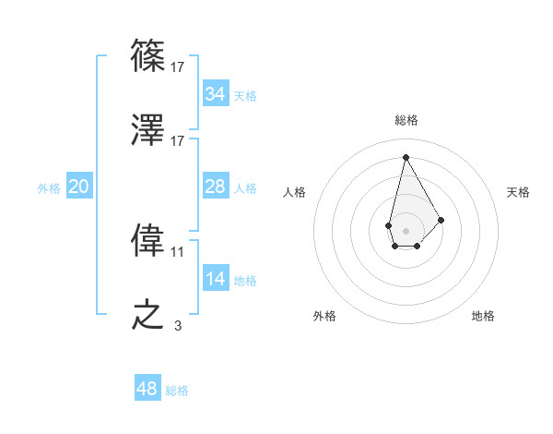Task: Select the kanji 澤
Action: pyautogui.click(x=148, y=131)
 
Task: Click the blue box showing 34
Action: pyautogui.click(x=216, y=94)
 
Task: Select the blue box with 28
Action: pyautogui.click(x=216, y=187)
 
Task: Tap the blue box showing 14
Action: pyautogui.click(x=216, y=280)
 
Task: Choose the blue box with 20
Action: pyautogui.click(x=79, y=187)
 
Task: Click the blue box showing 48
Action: pyautogui.click(x=147, y=389)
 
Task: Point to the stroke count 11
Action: pyautogui.click(x=178, y=251)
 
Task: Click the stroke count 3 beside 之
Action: pyautogui.click(x=178, y=325)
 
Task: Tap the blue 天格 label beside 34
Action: pyautogui.click(x=245, y=96)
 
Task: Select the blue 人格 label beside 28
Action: pyautogui.click(x=245, y=188)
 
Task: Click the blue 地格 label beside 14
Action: pyautogui.click(x=245, y=281)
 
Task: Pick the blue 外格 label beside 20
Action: pyautogui.click(x=49, y=188)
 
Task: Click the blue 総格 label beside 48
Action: pyautogui.click(x=177, y=391)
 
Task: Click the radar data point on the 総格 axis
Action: pyautogui.click(x=405, y=156)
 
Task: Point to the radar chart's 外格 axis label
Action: pyautogui.click(x=324, y=317)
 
